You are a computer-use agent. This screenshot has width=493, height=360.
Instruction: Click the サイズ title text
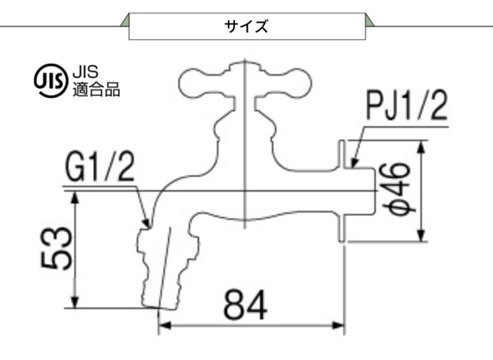coord(246,27)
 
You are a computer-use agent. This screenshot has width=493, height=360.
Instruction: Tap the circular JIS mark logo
coord(51,79)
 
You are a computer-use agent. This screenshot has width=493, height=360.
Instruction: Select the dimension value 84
coord(245,306)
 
